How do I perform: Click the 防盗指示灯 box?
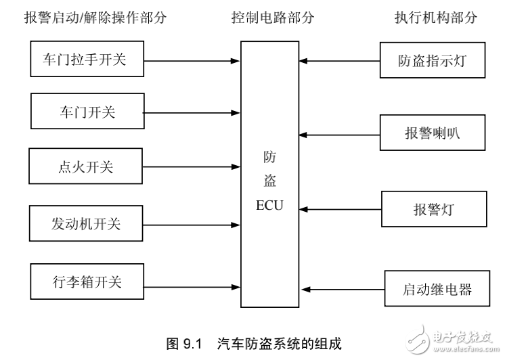pyautogui.click(x=433, y=61)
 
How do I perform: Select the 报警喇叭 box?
pyautogui.click(x=433, y=132)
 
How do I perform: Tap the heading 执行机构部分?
pyautogui.click(x=436, y=18)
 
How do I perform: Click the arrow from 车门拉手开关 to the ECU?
pyautogui.click(x=194, y=60)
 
